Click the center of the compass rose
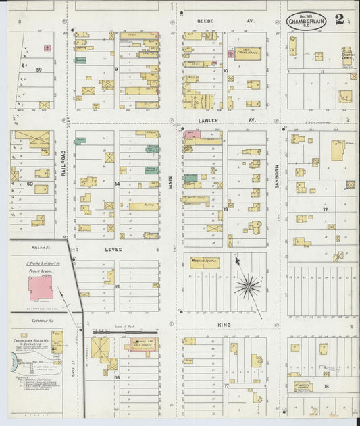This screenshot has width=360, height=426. [x=249, y=286]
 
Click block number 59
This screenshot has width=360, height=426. [x=39, y=69]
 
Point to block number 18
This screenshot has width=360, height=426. [x=326, y=386]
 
